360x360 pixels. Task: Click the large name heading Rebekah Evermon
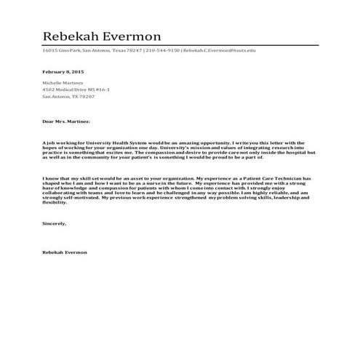[101, 36]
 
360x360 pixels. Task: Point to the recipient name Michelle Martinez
[63, 84]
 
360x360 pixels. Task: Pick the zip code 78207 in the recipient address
[87, 96]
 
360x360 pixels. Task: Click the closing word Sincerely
[55, 223]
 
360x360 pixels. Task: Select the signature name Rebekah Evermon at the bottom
[65, 252]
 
